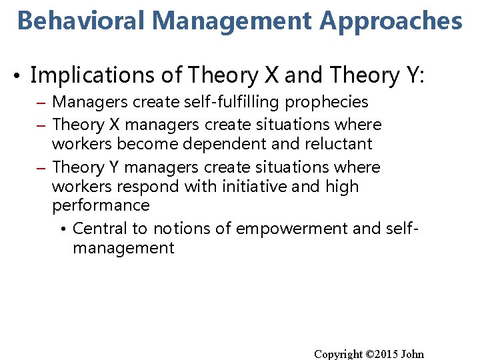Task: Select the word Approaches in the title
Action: point(391,21)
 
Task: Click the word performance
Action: point(101,205)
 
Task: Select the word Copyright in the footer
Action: point(339,354)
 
